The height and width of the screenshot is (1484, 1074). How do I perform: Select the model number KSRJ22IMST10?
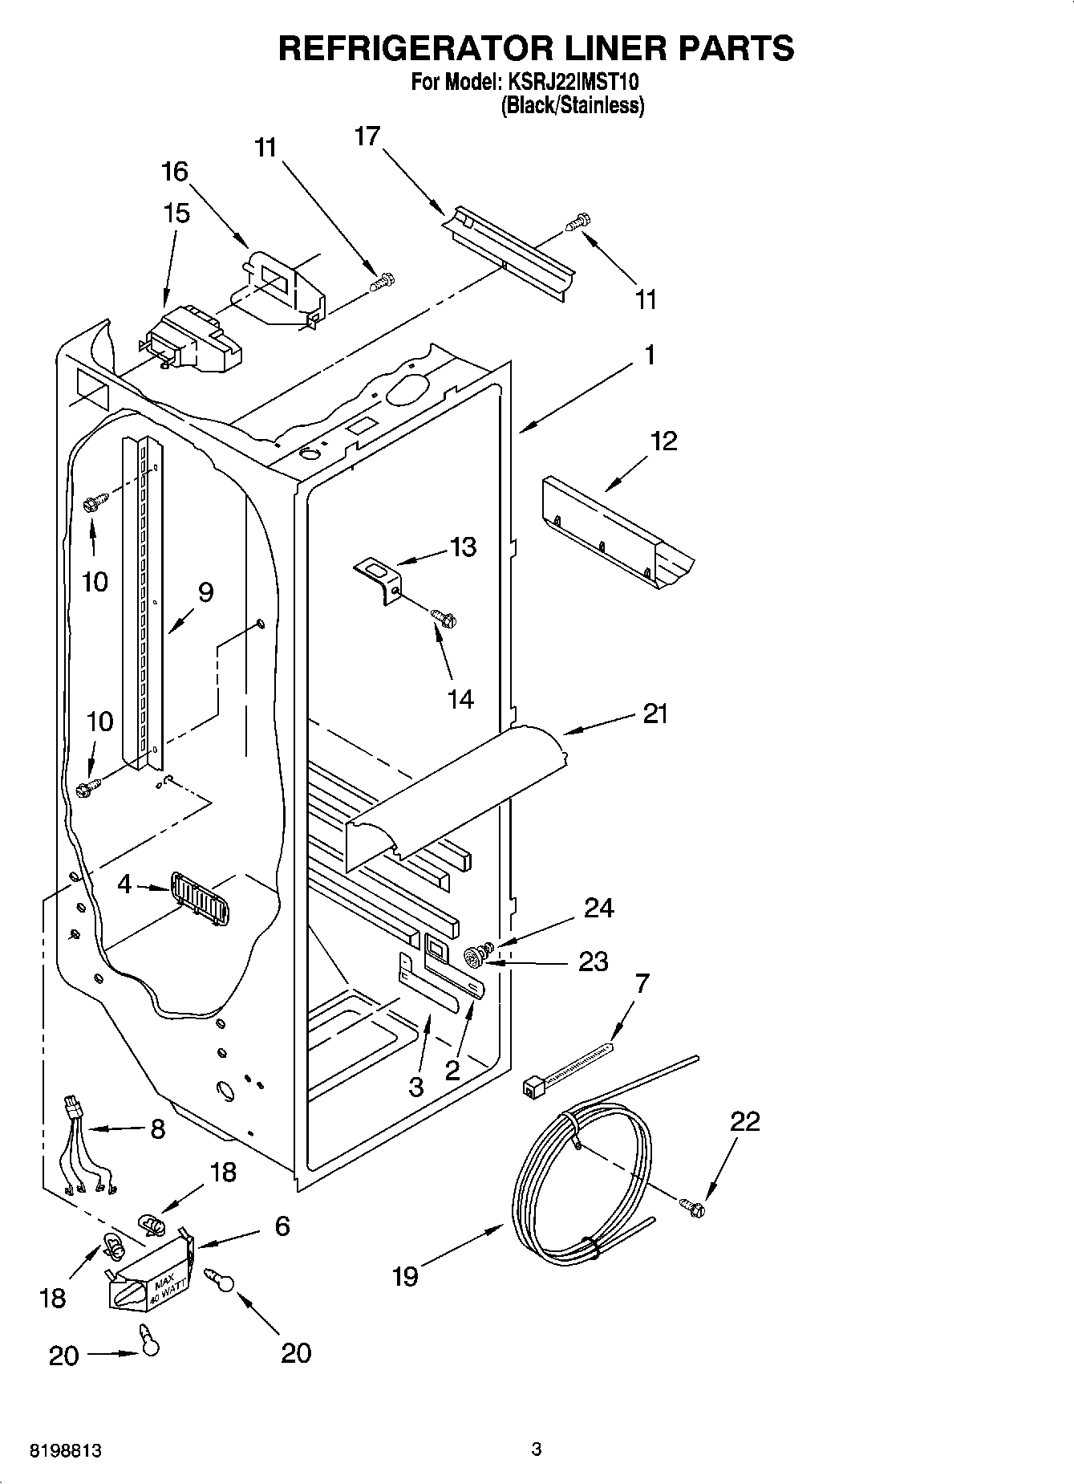(571, 83)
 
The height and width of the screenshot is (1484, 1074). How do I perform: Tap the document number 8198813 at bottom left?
(65, 1451)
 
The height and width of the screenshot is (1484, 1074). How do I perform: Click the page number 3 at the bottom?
(537, 1449)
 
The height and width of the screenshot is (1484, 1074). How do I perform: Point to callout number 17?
(367, 136)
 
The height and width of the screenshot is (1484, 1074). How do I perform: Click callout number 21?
(655, 714)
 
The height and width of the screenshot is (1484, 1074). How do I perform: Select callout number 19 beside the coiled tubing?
(406, 1276)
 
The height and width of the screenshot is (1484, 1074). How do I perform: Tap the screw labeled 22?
(694, 1205)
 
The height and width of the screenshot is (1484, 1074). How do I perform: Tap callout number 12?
(663, 441)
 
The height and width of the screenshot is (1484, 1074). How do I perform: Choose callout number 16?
(175, 171)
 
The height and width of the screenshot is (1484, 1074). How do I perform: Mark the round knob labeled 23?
(475, 956)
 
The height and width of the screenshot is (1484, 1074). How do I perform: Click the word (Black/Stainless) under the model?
(573, 105)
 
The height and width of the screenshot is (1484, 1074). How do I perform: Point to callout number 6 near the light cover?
(282, 1226)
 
